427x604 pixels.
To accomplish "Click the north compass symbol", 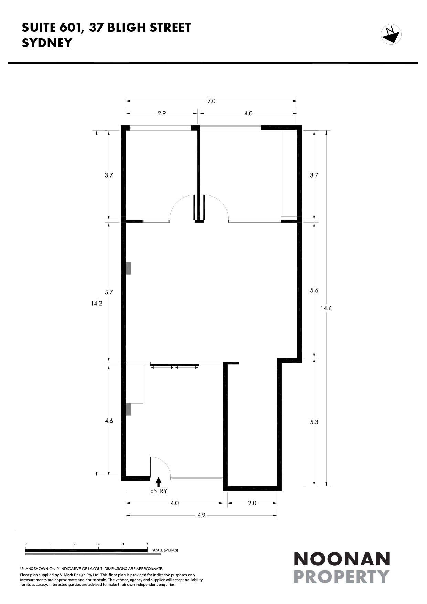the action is [391, 35].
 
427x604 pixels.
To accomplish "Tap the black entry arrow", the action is [158, 482].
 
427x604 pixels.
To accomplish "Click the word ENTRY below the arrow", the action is [158, 491].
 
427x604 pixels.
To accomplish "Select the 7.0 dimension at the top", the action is [211, 101].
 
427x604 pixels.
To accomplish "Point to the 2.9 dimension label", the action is [162, 113].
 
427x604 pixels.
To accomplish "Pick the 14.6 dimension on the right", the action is [326, 308].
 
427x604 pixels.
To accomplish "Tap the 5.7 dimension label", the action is [109, 292].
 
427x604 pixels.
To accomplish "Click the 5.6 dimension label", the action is [314, 290].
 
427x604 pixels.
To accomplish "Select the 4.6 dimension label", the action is [109, 421].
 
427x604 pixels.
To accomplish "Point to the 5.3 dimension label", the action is [314, 422].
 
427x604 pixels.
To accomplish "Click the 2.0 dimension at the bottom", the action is [252, 503].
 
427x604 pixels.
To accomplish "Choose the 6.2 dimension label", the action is [201, 515].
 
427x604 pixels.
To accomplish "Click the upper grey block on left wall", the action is [129, 268].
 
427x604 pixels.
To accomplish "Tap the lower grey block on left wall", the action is [129, 409].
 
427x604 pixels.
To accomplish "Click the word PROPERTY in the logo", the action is [342, 577].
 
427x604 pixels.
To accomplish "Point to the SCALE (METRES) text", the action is [165, 550].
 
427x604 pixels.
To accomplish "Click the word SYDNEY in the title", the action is [47, 43].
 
